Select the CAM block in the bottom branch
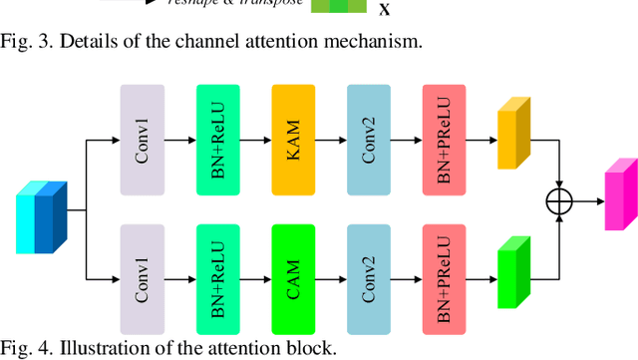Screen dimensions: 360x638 click(293, 280)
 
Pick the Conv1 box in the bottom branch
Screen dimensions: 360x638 click(142, 280)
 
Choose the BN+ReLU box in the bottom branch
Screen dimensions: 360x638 click(217, 280)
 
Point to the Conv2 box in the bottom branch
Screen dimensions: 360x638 click(369, 280)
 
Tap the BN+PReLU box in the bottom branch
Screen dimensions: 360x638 click(444, 280)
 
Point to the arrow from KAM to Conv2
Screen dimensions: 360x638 click(331, 140)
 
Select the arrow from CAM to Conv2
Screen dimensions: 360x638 click(331, 280)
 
